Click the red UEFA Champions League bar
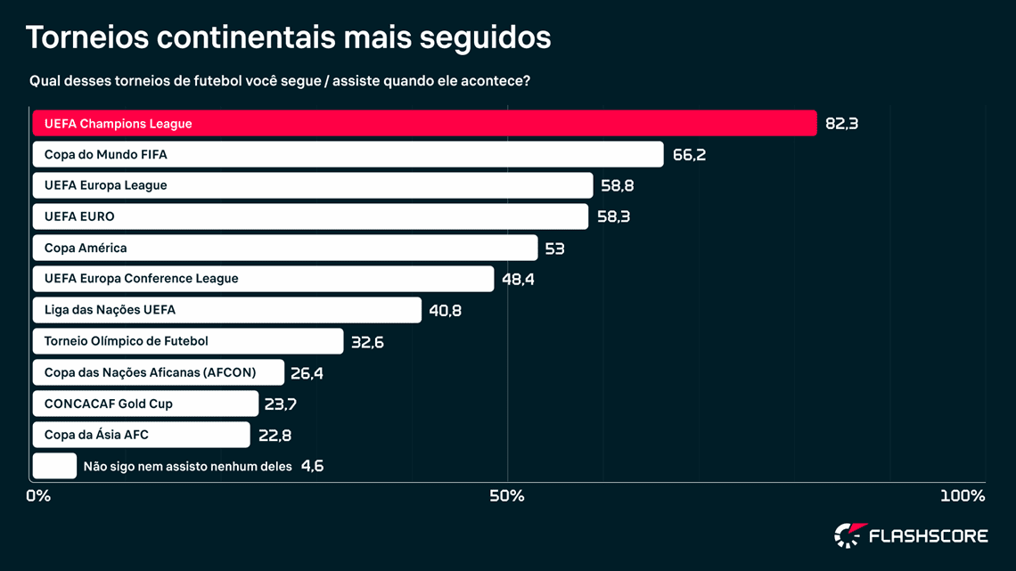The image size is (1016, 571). (x=424, y=124)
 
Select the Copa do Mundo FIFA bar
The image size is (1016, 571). (x=348, y=155)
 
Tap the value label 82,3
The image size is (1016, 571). (x=841, y=124)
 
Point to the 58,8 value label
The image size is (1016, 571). (x=617, y=186)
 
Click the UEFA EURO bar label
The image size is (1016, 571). (x=79, y=216)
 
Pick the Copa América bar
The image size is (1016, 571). (x=285, y=248)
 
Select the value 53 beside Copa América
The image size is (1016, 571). (x=554, y=249)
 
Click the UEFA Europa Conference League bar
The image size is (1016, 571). (x=263, y=279)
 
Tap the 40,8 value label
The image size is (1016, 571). (x=445, y=311)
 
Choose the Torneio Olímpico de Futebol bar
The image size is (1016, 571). (x=188, y=341)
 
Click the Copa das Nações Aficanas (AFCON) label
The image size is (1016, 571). (x=150, y=372)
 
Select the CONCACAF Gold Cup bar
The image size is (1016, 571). (x=145, y=404)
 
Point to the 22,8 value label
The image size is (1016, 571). (x=274, y=436)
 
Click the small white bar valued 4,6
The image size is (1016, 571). (x=54, y=466)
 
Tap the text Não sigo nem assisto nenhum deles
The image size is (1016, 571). (x=187, y=466)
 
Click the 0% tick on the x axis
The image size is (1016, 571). (x=38, y=496)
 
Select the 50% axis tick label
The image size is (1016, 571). (x=507, y=496)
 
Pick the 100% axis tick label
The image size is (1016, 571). (x=963, y=496)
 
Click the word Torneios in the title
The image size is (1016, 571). (x=86, y=37)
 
